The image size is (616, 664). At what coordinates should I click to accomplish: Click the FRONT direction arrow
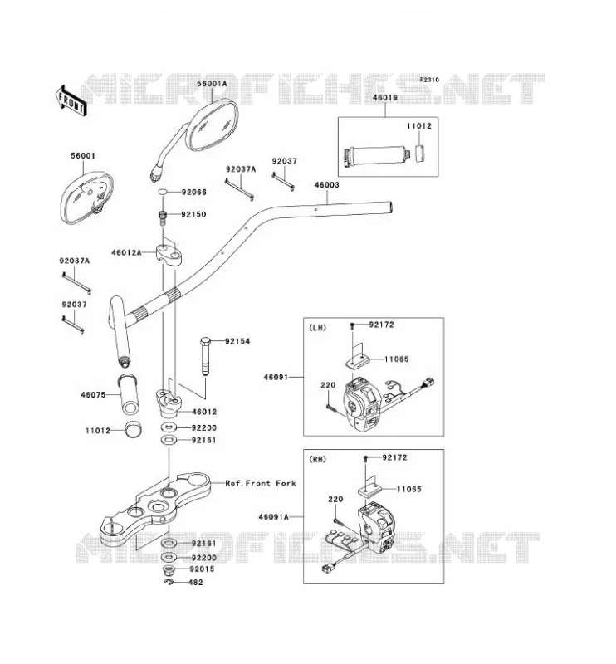(x=71, y=100)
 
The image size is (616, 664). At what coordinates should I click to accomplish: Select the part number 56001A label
(x=212, y=84)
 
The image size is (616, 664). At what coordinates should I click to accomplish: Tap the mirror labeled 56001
(x=87, y=197)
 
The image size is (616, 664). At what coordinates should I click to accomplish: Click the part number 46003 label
(x=326, y=184)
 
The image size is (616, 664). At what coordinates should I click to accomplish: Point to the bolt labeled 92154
(x=206, y=357)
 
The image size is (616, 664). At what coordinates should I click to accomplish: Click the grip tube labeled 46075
(x=129, y=393)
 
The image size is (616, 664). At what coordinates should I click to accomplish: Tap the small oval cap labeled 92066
(x=163, y=193)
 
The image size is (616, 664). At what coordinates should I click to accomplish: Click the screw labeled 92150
(x=162, y=217)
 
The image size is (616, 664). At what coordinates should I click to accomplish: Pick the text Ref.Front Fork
(x=261, y=483)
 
